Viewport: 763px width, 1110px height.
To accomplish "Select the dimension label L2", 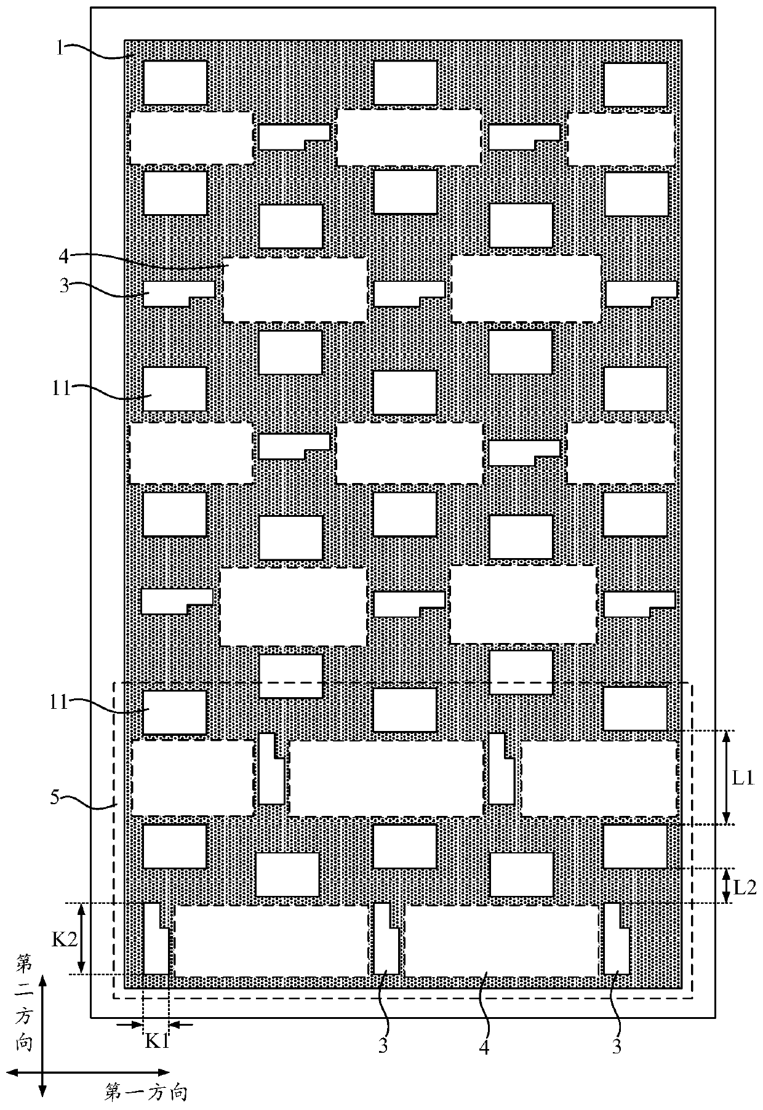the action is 745,886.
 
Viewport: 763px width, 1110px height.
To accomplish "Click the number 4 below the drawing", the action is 484,1047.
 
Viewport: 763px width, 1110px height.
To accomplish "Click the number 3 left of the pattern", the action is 63,286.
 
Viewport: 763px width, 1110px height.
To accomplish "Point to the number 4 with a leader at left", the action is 63,254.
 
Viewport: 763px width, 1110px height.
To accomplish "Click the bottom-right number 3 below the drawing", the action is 617,1047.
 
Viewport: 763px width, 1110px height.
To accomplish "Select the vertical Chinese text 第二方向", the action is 25,1009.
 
